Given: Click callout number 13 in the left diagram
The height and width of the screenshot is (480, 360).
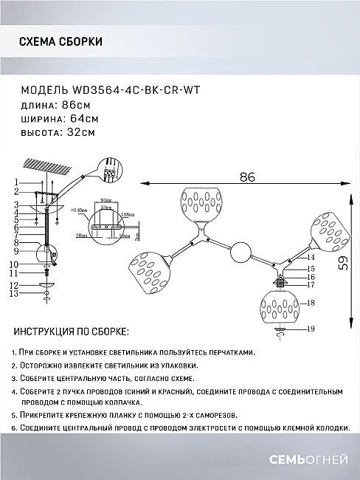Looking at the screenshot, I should pyautogui.click(x=14, y=294).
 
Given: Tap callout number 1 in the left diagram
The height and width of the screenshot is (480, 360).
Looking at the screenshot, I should pyautogui.click(x=14, y=182).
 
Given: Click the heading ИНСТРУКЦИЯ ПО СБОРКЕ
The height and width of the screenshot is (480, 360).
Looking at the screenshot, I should pyautogui.click(x=71, y=333).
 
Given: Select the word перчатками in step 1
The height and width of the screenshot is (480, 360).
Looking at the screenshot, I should pyautogui.click(x=226, y=353).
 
